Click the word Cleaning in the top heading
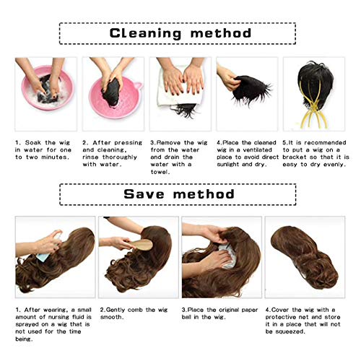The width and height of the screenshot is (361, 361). [146, 33]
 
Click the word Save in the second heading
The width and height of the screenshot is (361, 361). [144, 194]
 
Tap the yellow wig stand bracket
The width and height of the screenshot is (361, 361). [313, 106]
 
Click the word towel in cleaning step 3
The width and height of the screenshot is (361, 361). [160, 172]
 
